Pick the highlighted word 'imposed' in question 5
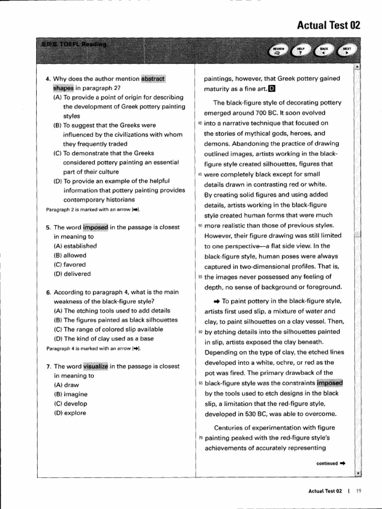click(x=95, y=227)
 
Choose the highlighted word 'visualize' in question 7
click(x=95, y=366)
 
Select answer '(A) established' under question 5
click(x=75, y=246)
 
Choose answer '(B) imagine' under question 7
click(x=72, y=395)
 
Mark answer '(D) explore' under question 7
click(x=70, y=413)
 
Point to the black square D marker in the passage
click(x=271, y=89)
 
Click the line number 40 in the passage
click(x=200, y=123)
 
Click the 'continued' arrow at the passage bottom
click(x=342, y=463)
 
